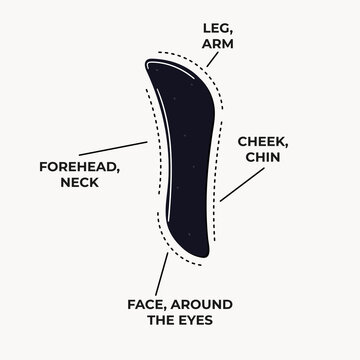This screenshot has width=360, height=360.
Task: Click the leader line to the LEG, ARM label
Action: pyautogui.click(x=213, y=56)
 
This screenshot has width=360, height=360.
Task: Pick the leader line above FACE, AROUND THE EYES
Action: pyautogui.click(x=162, y=272)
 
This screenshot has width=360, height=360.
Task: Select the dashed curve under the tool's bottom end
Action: pyautogui.click(x=190, y=263)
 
